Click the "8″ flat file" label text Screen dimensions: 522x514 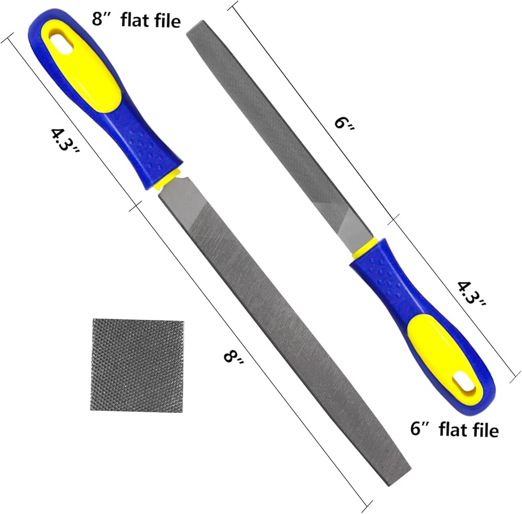coord(136,20)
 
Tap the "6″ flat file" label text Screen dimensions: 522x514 coord(455,429)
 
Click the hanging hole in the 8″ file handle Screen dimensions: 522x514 coord(61,42)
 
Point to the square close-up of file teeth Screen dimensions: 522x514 coord(137,365)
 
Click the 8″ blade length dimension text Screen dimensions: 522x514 coord(234,361)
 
